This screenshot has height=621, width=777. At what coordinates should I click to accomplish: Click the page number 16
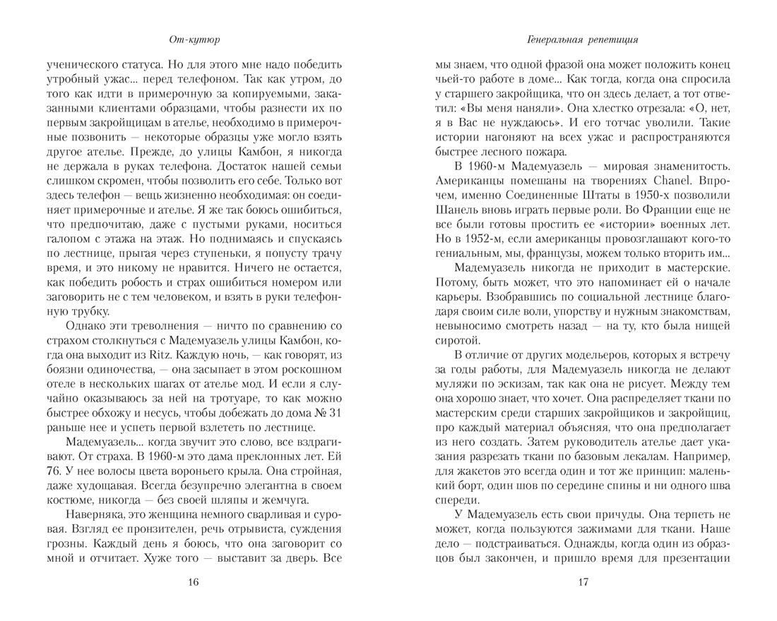[195, 581]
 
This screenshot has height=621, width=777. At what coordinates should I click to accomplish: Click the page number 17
[583, 581]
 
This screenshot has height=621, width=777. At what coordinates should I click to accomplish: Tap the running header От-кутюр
[195, 40]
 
